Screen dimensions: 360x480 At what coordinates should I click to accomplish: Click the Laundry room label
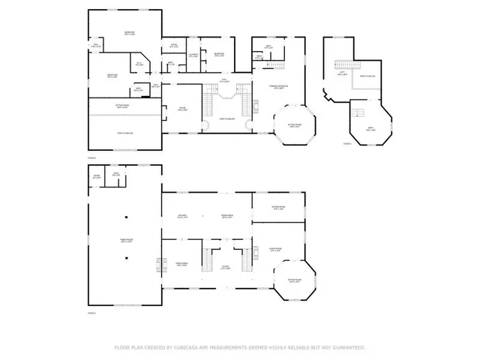(x=193, y=55)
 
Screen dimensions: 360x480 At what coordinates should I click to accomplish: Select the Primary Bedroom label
(x=277, y=87)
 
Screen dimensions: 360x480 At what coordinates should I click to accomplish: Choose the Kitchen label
(x=182, y=217)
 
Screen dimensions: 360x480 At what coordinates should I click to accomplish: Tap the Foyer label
(x=225, y=267)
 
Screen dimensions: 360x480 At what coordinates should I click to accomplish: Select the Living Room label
(x=275, y=250)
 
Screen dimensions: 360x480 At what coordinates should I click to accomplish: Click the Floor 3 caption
(x=347, y=142)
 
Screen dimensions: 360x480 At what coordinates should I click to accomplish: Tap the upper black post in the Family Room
(x=127, y=217)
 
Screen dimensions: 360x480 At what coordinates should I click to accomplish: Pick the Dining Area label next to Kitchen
(x=225, y=217)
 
